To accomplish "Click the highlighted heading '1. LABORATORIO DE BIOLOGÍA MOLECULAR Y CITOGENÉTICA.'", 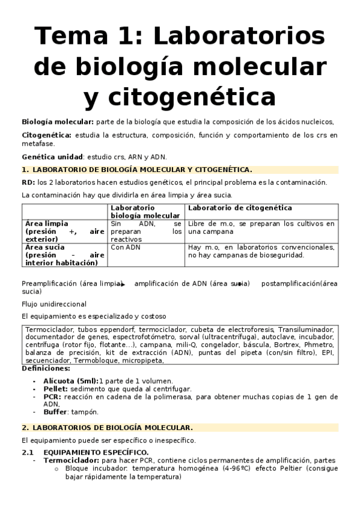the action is pyautogui.click(x=136, y=170).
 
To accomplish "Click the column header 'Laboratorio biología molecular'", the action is pyautogui.click(x=145, y=212).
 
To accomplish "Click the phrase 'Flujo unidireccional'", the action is pyautogui.click(x=54, y=304).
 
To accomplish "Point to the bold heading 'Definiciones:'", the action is pyautogui.click(x=46, y=368).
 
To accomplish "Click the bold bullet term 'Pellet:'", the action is pyautogui.click(x=56, y=389).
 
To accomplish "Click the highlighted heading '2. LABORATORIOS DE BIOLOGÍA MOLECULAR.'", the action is pyautogui.click(x=107, y=428).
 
